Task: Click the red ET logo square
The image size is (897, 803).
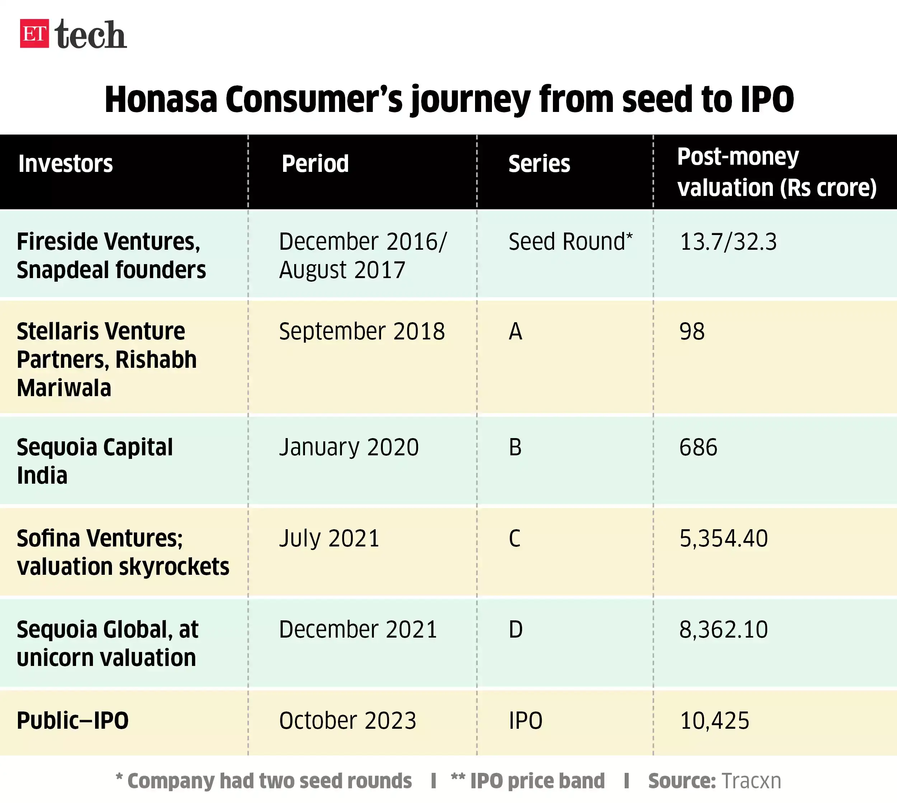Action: [34, 33]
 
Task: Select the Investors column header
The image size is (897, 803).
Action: [65, 164]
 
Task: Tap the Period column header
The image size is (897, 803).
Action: [315, 164]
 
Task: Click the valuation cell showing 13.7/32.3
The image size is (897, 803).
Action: [728, 242]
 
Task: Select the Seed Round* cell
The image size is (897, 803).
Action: [570, 242]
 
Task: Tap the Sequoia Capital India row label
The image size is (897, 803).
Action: [94, 461]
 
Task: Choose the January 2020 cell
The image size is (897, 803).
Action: [348, 447]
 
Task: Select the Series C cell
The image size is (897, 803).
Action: [515, 538]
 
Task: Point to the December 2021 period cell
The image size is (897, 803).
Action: [357, 630]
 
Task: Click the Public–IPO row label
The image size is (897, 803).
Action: [72, 721]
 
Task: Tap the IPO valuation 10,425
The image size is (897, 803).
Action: [714, 721]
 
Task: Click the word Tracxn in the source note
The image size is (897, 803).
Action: [751, 781]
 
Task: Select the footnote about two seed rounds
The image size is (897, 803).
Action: [263, 781]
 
